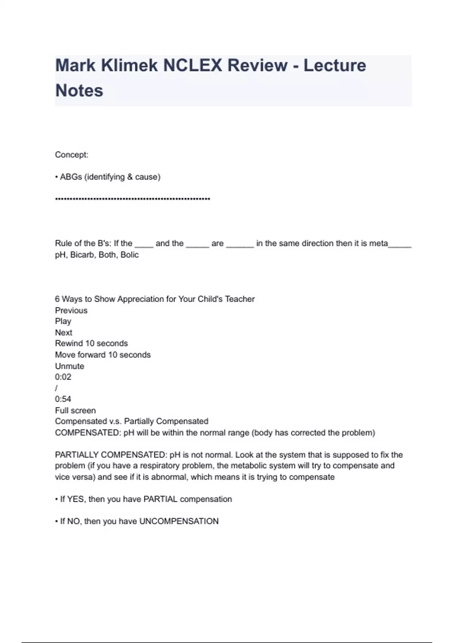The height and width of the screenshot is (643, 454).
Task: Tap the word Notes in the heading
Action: (x=79, y=91)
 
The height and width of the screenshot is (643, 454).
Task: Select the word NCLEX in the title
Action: (x=192, y=65)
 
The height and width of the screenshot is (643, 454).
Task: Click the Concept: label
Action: (x=72, y=155)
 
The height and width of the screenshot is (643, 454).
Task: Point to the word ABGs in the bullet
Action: (x=71, y=177)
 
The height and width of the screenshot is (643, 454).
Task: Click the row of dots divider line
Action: (x=132, y=199)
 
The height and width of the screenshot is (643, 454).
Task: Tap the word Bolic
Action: (x=129, y=255)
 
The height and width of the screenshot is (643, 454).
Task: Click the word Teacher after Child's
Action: (x=239, y=299)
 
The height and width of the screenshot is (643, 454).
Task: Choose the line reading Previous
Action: (x=71, y=311)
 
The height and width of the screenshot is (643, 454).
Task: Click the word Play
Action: (x=63, y=321)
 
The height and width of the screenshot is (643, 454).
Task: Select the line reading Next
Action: (x=64, y=333)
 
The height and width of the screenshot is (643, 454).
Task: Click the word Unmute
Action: (x=70, y=366)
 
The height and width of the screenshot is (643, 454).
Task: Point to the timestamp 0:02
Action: (x=63, y=377)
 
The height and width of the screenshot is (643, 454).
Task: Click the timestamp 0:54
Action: (x=63, y=399)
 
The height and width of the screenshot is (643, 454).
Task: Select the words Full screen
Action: (x=75, y=411)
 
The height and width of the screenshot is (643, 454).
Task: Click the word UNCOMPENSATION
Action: (x=179, y=522)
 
